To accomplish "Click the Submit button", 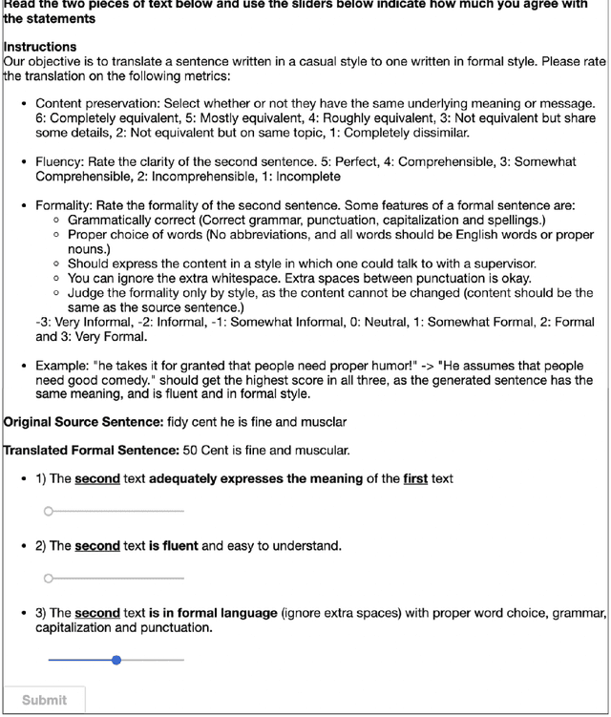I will (44, 700).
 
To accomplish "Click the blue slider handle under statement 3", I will (116, 660).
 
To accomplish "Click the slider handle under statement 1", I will (49, 512).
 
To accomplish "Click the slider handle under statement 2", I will (49, 579).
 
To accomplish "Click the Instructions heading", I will (40, 46).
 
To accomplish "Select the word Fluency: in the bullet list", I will (64, 162).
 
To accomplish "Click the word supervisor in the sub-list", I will (497, 264).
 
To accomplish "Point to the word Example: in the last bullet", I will (65, 366).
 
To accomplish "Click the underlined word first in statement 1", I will (415, 478).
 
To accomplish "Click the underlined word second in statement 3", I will (97, 613).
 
